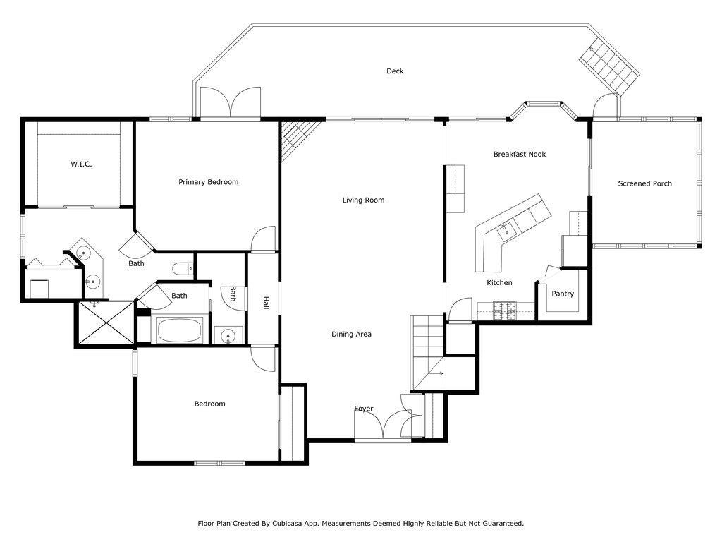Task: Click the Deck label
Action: point(395,71)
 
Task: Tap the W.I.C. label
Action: point(81,164)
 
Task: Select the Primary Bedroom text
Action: point(208,182)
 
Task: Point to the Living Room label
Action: point(363,200)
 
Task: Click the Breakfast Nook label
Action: point(519,155)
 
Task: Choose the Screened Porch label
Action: point(644,184)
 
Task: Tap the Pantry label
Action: point(562,294)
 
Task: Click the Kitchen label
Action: point(499,283)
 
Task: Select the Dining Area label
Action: point(351,335)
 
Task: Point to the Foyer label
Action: point(364,409)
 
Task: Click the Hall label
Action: point(266,303)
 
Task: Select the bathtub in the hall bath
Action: point(178,330)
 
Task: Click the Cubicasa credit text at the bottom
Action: point(360,524)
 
